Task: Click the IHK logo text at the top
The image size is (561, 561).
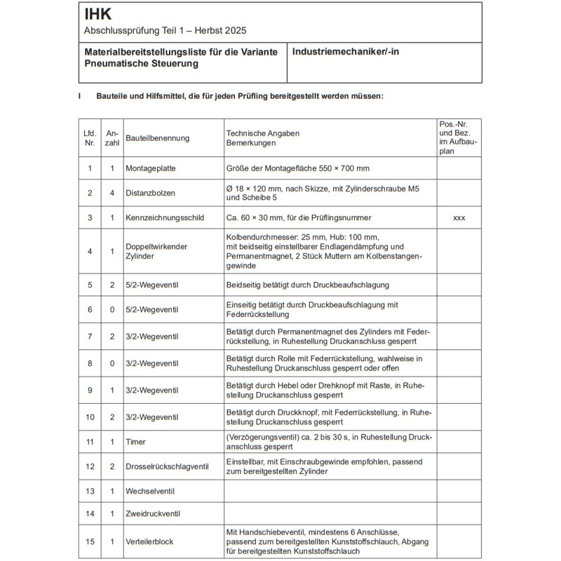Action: [97, 14]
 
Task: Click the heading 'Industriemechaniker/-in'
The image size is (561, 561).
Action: [346, 52]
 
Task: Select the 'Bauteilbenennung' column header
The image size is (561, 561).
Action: [158, 138]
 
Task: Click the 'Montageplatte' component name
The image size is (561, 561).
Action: [151, 168]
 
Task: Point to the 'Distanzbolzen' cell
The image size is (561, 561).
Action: [151, 193]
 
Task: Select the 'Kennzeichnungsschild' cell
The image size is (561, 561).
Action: [165, 218]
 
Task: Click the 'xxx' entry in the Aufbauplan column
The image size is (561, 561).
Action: [459, 218]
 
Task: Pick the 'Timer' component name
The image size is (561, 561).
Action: [136, 441]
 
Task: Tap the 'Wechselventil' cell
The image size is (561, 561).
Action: [151, 490]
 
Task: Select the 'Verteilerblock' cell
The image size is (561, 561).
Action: [150, 541]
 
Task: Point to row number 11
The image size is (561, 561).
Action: [89, 441]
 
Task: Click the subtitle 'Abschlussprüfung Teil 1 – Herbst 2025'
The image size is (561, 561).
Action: [165, 31]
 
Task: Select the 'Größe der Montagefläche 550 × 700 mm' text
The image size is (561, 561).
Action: [297, 168]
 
